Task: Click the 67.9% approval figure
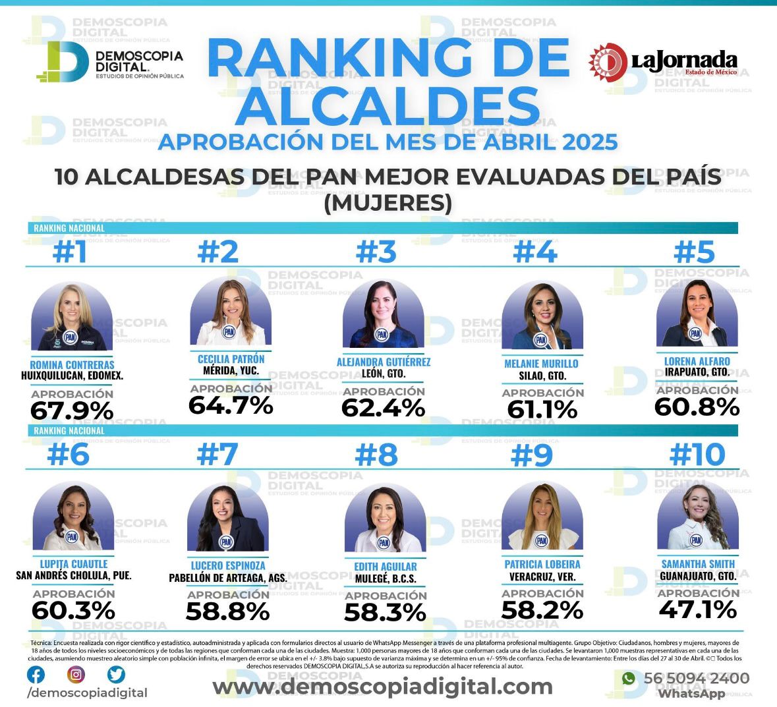72,411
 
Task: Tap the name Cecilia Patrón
231,359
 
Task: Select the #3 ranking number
376,252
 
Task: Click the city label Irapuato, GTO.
697,372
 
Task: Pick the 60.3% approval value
74,610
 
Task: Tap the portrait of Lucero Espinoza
227,517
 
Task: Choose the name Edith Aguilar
386,567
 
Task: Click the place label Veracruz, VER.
542,577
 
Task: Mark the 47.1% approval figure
698,609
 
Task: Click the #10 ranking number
697,455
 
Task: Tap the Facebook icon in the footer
36,675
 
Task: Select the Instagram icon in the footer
76,675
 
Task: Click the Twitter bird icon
116,675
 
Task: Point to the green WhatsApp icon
629,679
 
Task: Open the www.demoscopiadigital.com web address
382,687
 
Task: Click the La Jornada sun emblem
608,62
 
